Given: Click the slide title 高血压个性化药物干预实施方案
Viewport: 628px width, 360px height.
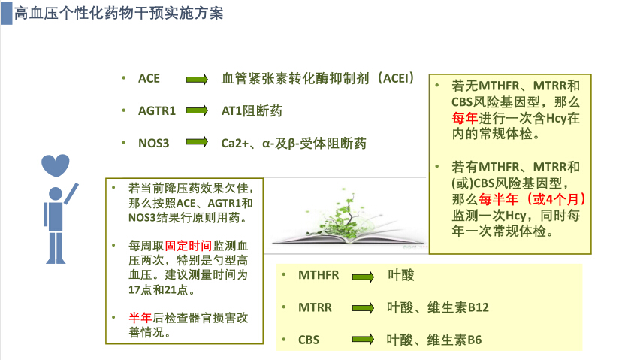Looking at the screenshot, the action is point(119,14).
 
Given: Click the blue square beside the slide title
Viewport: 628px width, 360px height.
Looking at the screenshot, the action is point(7,14).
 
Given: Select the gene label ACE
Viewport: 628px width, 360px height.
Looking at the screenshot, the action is point(149,78).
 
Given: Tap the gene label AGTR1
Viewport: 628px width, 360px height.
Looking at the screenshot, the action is point(157,110).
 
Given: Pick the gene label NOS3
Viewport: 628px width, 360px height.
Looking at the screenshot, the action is point(154,143).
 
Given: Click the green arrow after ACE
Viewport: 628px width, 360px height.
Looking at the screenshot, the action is point(197,79).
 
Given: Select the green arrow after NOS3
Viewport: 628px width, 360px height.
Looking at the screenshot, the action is point(197,141).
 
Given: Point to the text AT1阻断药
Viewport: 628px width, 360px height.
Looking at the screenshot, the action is point(252,110).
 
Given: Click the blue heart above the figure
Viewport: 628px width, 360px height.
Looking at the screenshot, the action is point(56,165).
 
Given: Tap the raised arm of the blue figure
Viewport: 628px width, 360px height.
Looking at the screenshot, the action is point(71,194).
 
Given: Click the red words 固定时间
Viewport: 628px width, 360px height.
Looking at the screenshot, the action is point(189,245).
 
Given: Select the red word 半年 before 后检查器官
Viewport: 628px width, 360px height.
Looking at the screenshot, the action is point(140,318).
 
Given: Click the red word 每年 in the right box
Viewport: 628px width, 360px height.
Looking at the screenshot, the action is point(465,118).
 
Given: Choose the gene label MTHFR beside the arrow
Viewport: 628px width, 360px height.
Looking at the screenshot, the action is point(319,275).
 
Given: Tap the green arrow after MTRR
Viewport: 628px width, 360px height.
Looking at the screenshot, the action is point(363,308).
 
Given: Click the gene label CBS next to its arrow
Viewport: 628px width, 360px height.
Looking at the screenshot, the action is point(309,340).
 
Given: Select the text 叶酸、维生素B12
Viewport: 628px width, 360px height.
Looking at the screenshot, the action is point(438,307).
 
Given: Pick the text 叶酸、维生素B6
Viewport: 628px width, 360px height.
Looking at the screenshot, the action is point(434,340).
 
